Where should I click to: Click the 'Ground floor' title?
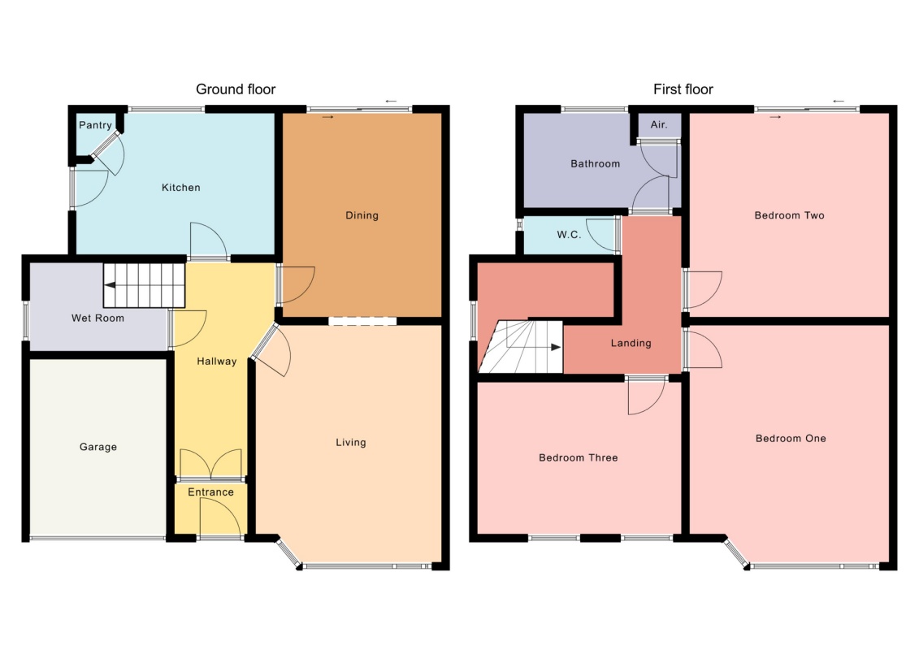[x=236, y=89]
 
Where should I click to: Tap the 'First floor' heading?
[x=683, y=89]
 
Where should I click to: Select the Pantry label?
[x=96, y=125]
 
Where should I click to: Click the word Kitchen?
[x=181, y=188]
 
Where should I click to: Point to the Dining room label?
[x=362, y=215]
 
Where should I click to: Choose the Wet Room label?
[x=98, y=318]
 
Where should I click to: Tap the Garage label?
[x=98, y=447]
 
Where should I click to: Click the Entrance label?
[x=211, y=492]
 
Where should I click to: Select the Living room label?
[x=351, y=443]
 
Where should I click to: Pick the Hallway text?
[x=217, y=362]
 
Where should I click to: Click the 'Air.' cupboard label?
[x=659, y=124]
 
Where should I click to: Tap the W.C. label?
[x=569, y=235]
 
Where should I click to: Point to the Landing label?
[x=631, y=343]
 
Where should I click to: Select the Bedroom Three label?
[x=579, y=457]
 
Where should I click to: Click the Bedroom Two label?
[x=790, y=215]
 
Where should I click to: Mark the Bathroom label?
[x=596, y=163]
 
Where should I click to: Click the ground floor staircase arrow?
[x=136, y=285]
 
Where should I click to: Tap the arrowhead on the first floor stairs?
[x=557, y=347]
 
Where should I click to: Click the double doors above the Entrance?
[x=210, y=464]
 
